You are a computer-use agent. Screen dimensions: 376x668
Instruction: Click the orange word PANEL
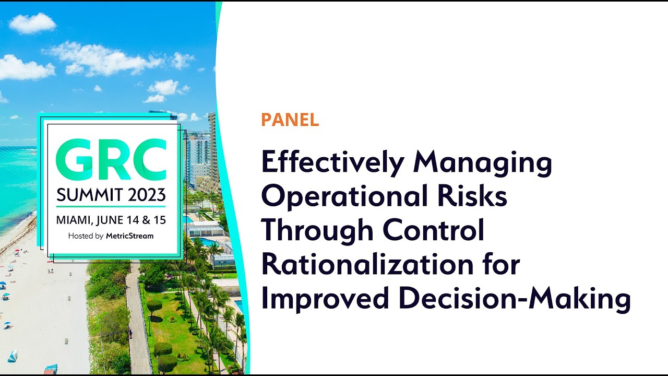(x=290, y=120)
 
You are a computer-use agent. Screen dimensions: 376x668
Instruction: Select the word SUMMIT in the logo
(x=83, y=195)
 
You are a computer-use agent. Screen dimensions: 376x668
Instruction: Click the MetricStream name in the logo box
(x=130, y=236)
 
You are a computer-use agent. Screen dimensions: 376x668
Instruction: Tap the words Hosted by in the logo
(x=86, y=236)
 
